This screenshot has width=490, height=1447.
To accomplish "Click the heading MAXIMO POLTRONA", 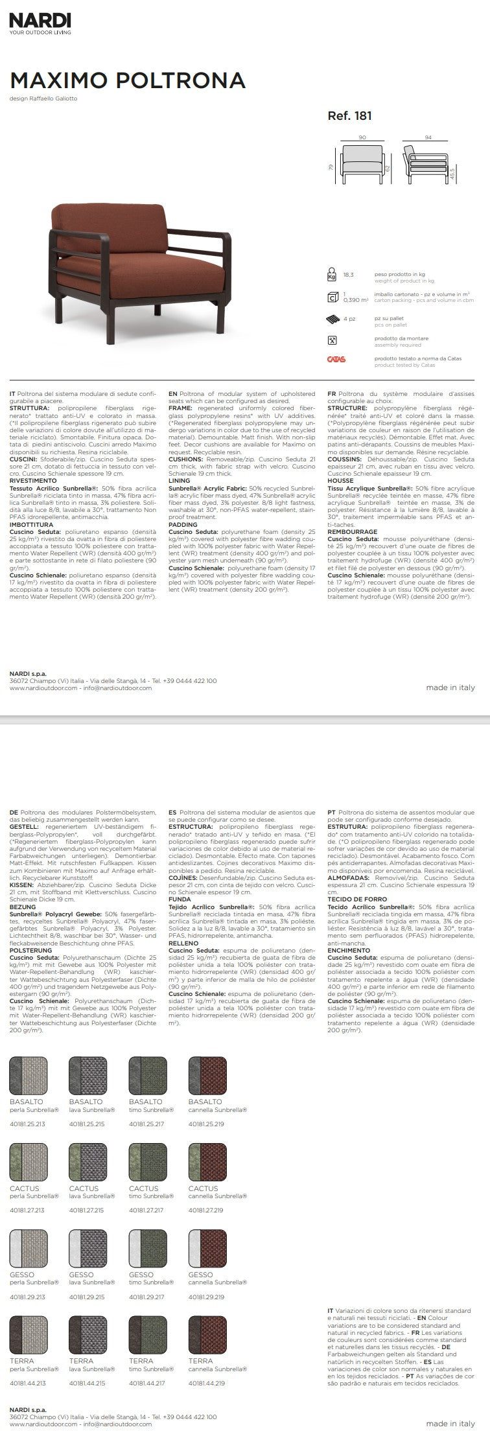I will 128,80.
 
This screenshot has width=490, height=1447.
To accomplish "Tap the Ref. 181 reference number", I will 350,117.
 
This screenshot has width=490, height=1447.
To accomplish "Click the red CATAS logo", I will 336,359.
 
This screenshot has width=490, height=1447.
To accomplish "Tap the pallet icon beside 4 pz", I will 332,319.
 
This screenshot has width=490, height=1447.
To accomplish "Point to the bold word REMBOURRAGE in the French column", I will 352,532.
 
